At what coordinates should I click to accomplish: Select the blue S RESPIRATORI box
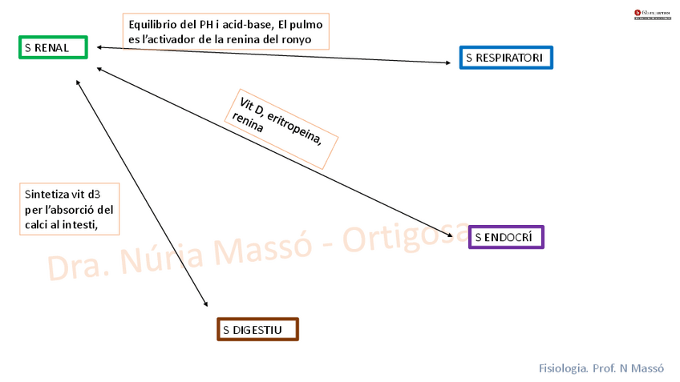pyautogui.click(x=506, y=58)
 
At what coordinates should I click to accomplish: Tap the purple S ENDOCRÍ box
pyautogui.click(x=506, y=237)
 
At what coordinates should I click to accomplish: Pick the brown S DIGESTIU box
pyautogui.click(x=257, y=329)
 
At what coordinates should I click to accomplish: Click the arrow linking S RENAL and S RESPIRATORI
pyautogui.click(x=273, y=55)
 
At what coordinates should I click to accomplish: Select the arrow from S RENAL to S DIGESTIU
pyautogui.click(x=140, y=192)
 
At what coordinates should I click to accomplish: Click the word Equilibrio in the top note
pyautogui.click(x=153, y=23)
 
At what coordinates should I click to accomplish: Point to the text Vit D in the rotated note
pyautogui.click(x=253, y=107)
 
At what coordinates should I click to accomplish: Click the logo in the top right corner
pyautogui.click(x=652, y=14)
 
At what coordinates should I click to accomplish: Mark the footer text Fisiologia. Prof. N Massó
pyautogui.click(x=601, y=368)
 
